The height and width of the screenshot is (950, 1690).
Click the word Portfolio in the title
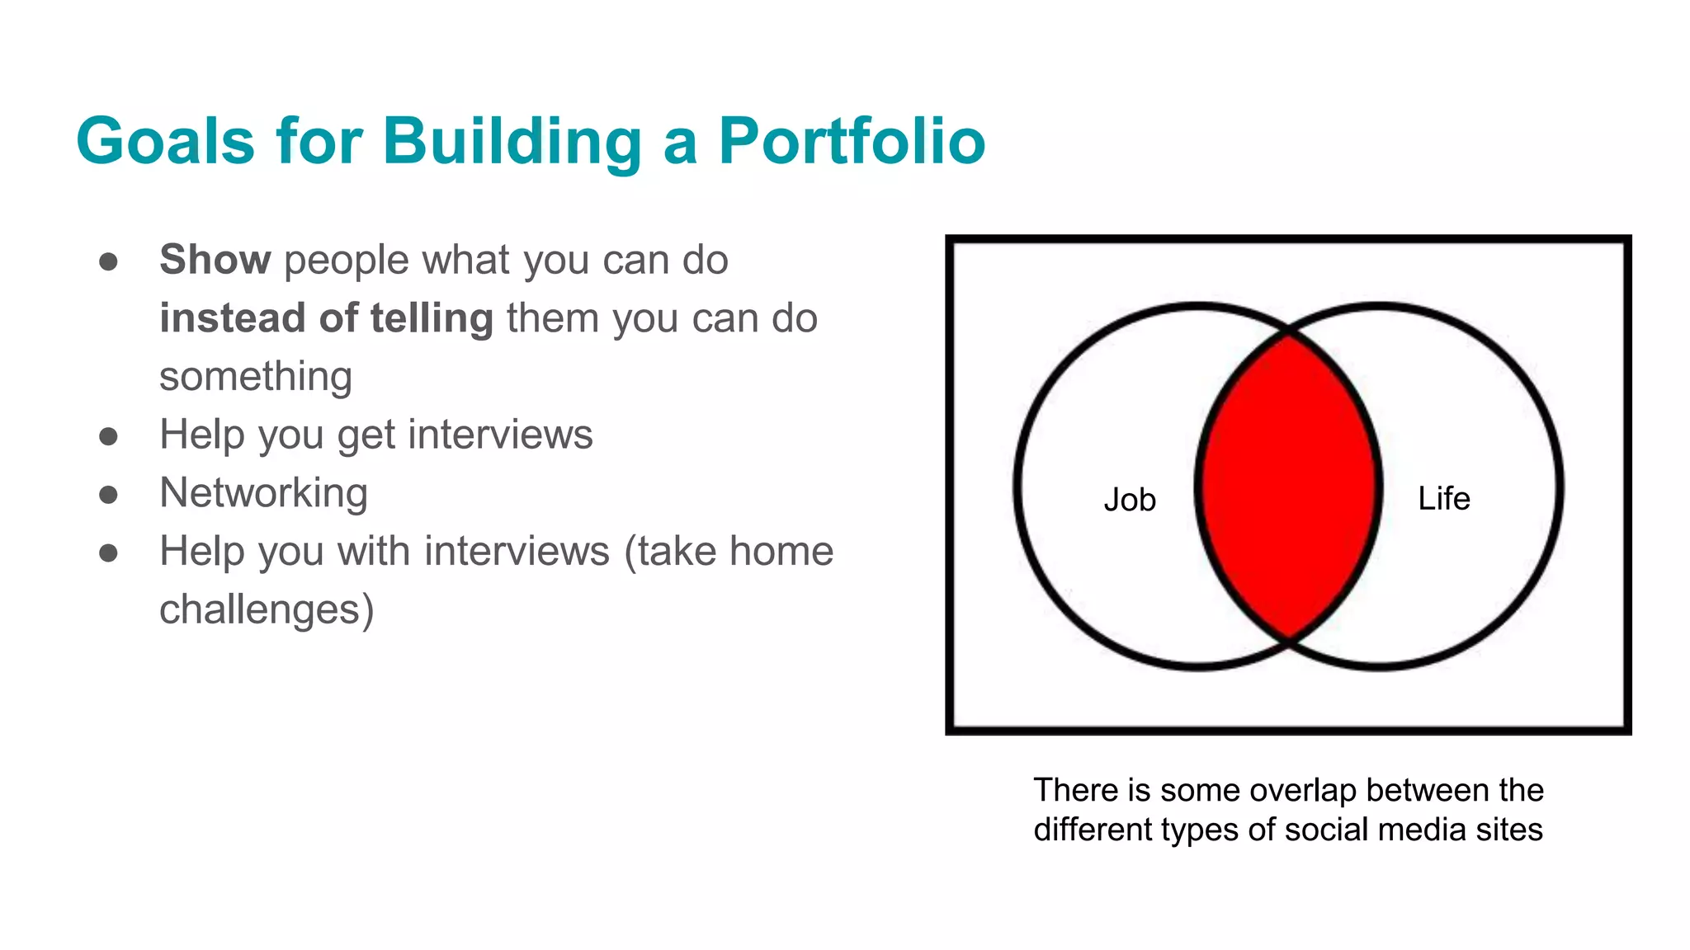(x=852, y=141)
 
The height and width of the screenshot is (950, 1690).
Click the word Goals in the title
(x=165, y=141)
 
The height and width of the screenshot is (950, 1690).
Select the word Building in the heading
(x=512, y=141)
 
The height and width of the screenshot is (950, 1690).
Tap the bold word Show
(x=215, y=260)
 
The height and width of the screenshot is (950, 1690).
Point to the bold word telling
(x=432, y=318)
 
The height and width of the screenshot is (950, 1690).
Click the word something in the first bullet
(x=256, y=377)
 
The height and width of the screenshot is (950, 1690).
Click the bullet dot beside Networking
(x=108, y=495)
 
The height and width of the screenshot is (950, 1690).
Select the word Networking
(x=263, y=493)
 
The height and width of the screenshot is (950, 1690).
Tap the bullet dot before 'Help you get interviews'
(x=108, y=436)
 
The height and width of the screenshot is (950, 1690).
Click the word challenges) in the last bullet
(x=267, y=610)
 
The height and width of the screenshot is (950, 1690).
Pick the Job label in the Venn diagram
(x=1130, y=500)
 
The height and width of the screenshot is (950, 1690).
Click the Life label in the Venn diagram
(x=1443, y=498)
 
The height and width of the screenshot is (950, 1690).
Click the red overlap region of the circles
(x=1287, y=487)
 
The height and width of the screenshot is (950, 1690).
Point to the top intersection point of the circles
(x=1288, y=332)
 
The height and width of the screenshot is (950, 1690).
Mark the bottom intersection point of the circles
(x=1288, y=641)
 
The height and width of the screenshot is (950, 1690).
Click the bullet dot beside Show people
(x=108, y=262)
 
